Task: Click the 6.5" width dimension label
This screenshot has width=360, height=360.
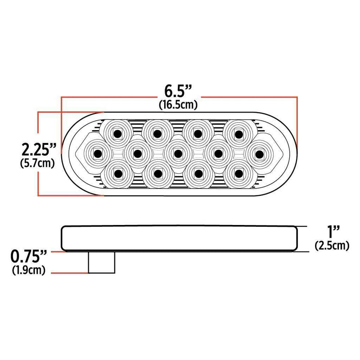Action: pos(179,91)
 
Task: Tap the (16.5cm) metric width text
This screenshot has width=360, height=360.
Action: pos(179,105)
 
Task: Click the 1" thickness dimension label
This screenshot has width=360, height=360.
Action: pos(333,232)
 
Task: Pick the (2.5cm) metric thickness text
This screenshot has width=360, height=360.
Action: pos(333,245)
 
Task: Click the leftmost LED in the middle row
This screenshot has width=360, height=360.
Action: pos(97,153)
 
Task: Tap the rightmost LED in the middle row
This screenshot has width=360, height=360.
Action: pos(258,153)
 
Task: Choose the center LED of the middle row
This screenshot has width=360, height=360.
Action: pos(178,153)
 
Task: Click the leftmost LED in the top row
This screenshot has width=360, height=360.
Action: pos(117,133)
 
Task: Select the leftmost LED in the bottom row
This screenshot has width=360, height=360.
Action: pos(117,173)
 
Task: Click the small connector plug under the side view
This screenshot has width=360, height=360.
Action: pos(101,263)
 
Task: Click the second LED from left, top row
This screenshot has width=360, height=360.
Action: pos(157,133)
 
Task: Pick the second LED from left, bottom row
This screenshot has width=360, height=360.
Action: pos(157,173)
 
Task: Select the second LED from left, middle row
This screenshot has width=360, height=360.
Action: pos(137,153)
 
